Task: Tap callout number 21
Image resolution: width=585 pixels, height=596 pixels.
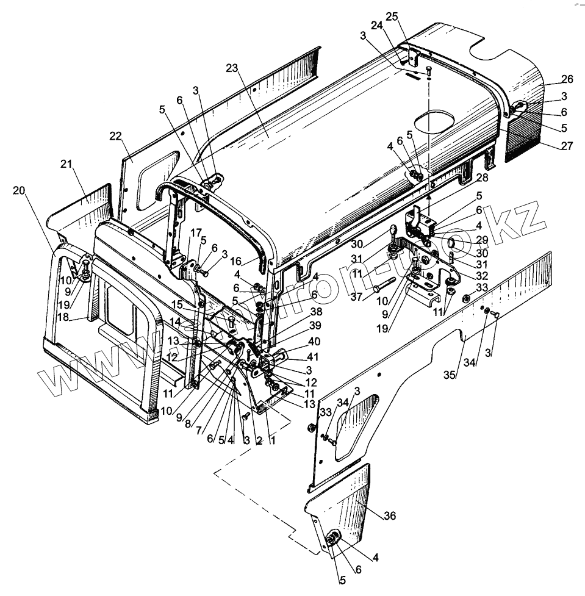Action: pos(67,164)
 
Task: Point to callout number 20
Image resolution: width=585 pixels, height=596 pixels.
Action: pos(20,191)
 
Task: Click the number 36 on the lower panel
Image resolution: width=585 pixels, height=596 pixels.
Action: pos(390,516)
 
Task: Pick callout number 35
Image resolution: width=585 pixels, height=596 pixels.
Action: pos(450,375)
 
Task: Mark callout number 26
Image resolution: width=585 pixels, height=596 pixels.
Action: pos(567,79)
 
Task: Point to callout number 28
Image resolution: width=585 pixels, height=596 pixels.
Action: pos(483,177)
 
